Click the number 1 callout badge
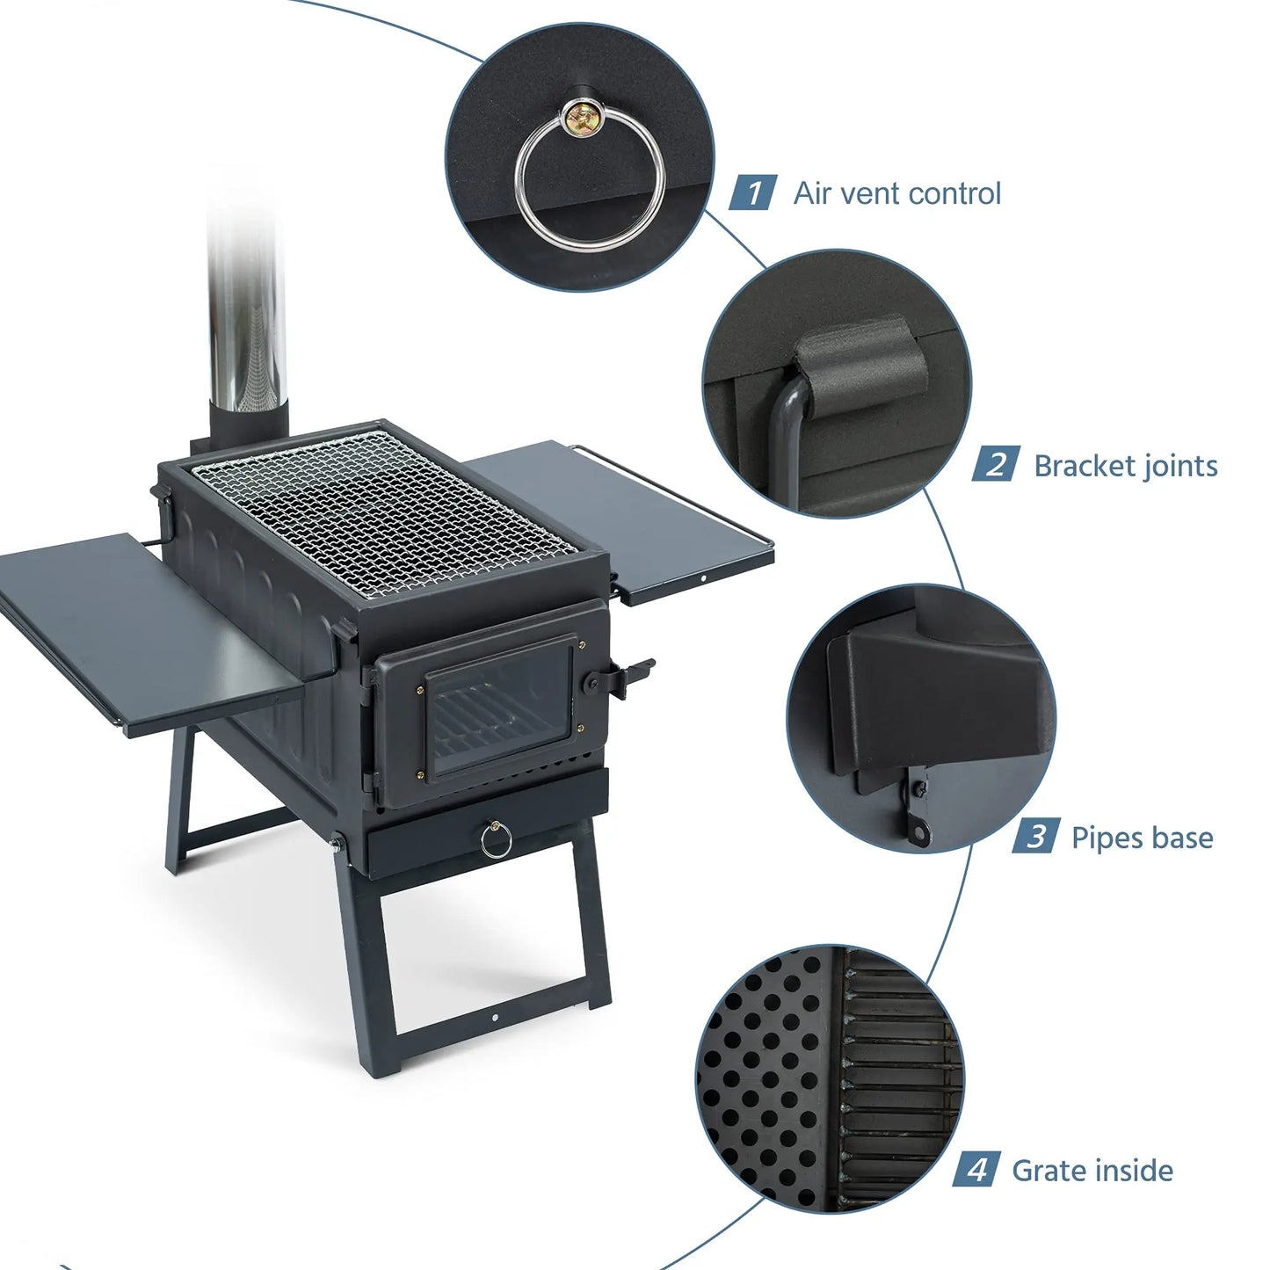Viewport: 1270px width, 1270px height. [x=753, y=192]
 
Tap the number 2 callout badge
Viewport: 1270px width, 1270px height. [x=995, y=465]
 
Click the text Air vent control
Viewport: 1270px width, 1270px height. [x=896, y=193]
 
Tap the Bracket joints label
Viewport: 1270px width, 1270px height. [x=1125, y=466]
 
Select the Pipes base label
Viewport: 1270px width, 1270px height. [x=1142, y=838]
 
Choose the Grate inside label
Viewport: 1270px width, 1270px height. [x=1092, y=1171]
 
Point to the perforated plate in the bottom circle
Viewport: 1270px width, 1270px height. [x=760, y=1081]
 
